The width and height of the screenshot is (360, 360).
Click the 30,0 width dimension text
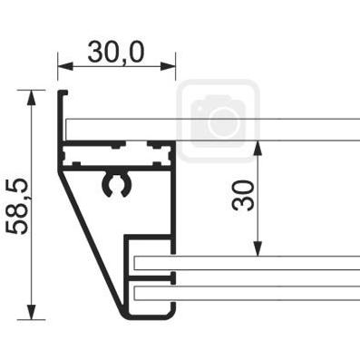pos(116,52)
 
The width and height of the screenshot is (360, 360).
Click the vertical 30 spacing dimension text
pos(243,195)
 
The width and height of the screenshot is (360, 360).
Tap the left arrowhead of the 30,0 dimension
pos(65,66)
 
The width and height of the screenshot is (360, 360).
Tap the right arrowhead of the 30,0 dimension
pos(168,66)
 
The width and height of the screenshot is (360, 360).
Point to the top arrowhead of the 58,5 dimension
pos(32,97)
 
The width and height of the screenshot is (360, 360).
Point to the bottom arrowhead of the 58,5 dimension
pos(32,312)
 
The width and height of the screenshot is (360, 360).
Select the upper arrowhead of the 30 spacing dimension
pos(258,149)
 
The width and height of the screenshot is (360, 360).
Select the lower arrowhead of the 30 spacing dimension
pos(258,248)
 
